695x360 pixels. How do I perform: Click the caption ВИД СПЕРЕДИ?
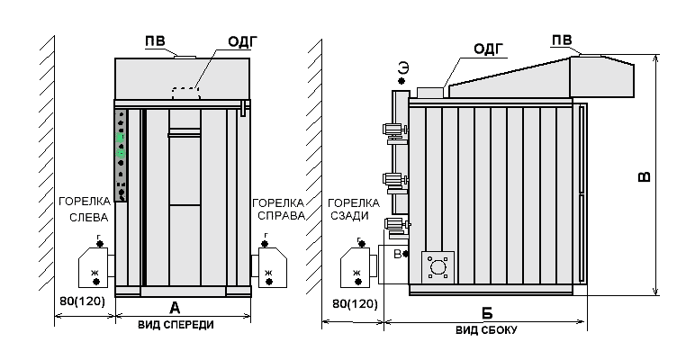click(176, 325)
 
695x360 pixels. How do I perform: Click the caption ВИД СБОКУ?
click(486, 330)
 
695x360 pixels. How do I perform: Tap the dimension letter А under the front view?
click(175, 308)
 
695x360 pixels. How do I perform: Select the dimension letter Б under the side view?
click(487, 313)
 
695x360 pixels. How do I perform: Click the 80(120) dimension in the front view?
click(83, 301)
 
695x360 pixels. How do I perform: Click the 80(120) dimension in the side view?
click(355, 304)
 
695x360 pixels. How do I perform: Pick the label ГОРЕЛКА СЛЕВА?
click(85, 210)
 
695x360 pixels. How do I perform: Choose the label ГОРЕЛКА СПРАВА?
click(278, 210)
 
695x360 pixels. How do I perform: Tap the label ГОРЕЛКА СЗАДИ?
click(354, 210)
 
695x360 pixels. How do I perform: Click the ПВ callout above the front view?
click(155, 41)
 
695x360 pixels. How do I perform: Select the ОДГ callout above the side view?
click(489, 49)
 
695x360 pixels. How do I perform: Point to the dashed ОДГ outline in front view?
click(185, 94)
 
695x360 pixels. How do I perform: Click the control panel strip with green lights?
click(121, 155)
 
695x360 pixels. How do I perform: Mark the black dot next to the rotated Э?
click(402, 81)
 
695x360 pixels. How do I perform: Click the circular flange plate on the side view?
click(438, 267)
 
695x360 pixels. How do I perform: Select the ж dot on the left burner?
click(96, 282)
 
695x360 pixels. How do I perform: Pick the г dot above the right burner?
click(265, 243)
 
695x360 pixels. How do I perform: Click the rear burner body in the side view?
click(355, 268)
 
